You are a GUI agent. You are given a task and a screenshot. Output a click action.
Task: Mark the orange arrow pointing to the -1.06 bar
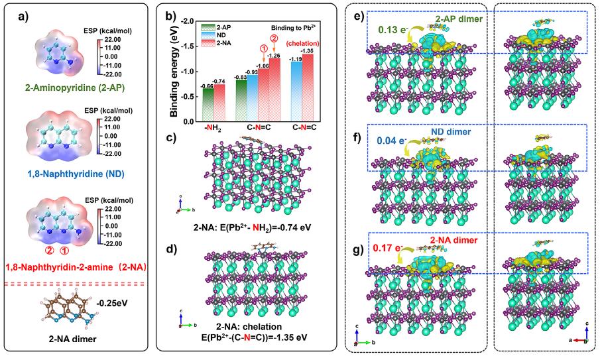[264, 56]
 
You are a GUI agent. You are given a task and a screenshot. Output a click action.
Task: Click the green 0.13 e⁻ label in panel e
[392, 30]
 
